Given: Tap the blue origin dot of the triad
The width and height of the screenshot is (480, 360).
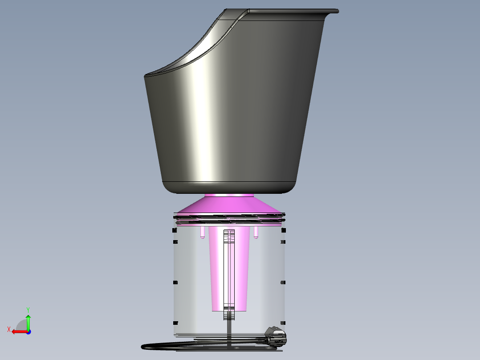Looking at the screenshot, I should (28, 332).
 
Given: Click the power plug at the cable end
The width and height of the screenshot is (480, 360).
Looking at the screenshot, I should (276, 337).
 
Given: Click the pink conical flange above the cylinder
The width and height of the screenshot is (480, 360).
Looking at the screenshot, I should (230, 205).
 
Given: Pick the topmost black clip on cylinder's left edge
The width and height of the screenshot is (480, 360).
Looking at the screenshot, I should (175, 231).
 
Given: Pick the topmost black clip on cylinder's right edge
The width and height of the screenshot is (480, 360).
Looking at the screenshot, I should (283, 231).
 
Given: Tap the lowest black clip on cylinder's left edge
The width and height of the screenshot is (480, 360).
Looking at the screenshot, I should (175, 322).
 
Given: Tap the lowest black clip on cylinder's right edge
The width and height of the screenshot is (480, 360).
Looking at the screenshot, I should (283, 322).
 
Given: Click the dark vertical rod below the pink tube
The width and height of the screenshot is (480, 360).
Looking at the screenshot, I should (229, 330).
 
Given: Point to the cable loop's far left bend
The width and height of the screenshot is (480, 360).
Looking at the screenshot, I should (144, 346).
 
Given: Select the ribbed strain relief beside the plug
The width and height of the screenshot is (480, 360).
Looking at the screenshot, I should (262, 341).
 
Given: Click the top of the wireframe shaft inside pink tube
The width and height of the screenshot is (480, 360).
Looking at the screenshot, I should (229, 232).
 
